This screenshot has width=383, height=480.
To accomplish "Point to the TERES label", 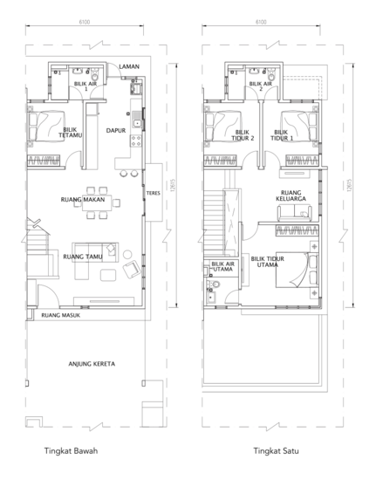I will [153, 193].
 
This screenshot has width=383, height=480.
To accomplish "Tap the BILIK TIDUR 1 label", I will [280, 135].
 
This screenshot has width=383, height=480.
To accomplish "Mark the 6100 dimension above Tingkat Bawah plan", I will [85, 21].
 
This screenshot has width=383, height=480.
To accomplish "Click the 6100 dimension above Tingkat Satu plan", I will [260, 21].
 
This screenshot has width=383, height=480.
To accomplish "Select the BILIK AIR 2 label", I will [260, 86].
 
